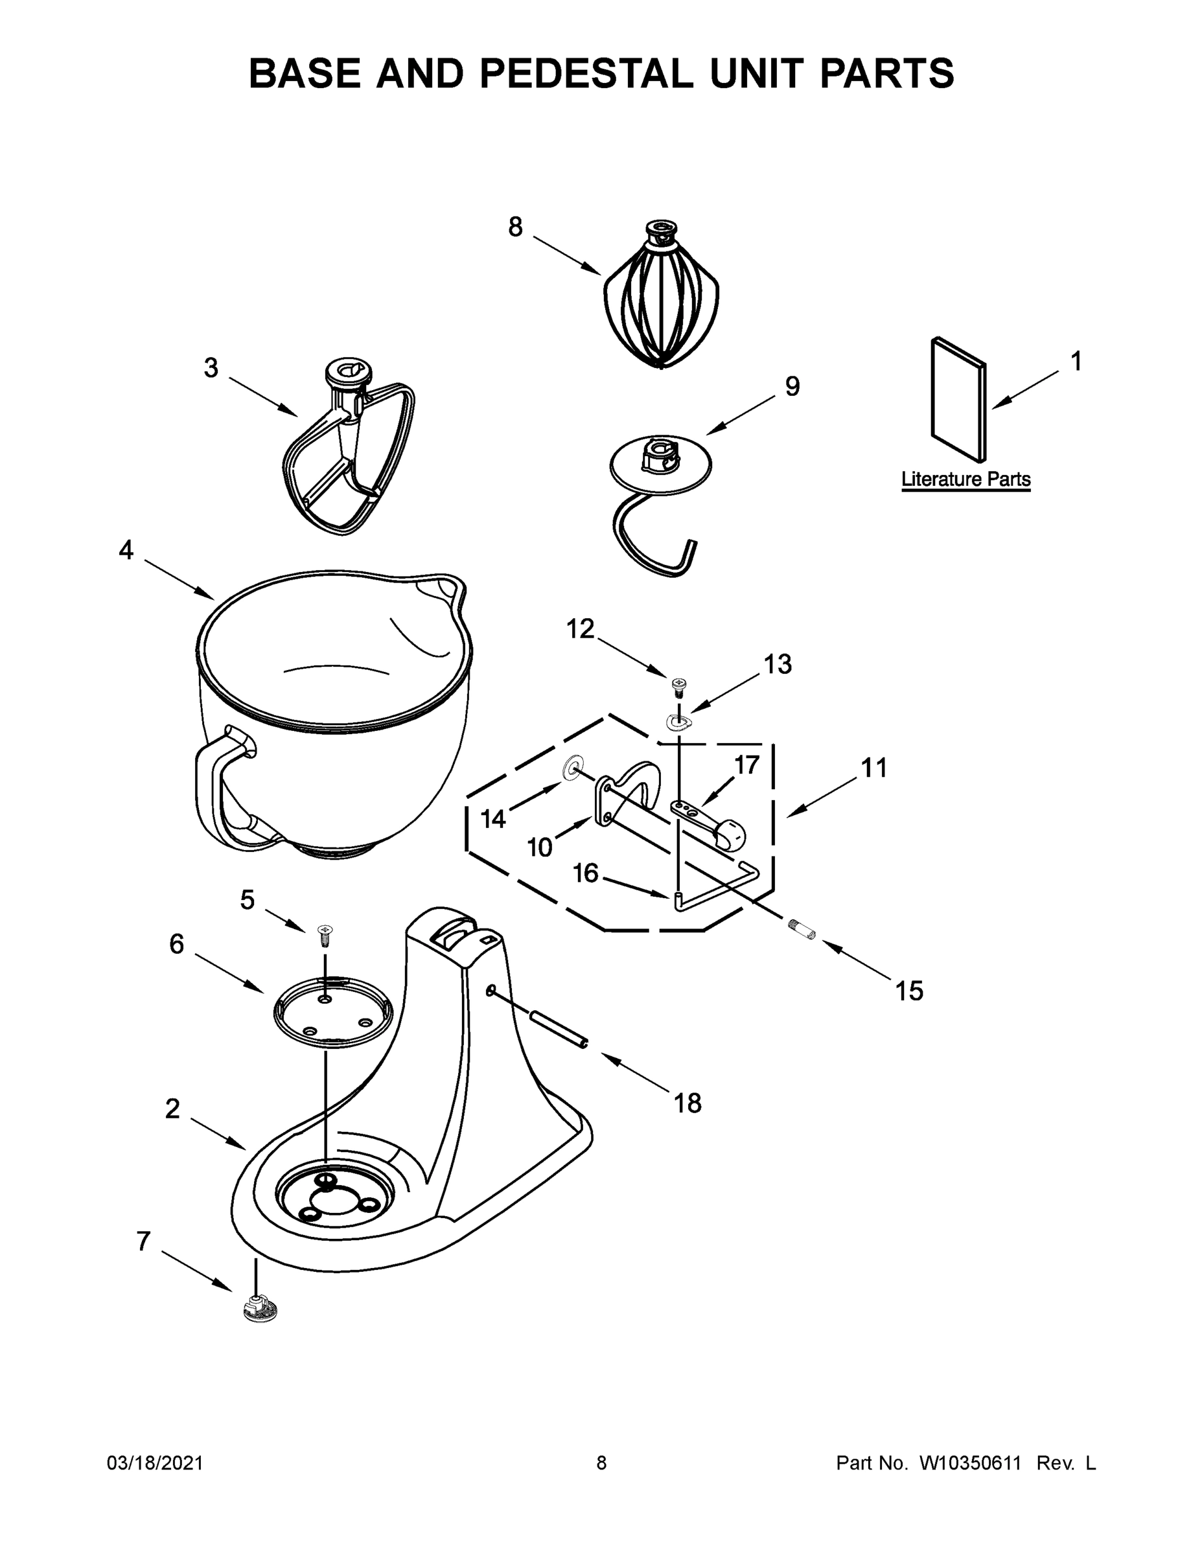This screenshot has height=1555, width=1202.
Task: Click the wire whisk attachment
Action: [661, 303]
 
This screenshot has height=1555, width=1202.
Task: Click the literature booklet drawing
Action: [958, 398]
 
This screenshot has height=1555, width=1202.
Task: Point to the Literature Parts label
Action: [965, 479]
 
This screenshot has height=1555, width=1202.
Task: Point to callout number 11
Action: [874, 768]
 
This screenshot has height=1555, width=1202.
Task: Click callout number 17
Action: [747, 765]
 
